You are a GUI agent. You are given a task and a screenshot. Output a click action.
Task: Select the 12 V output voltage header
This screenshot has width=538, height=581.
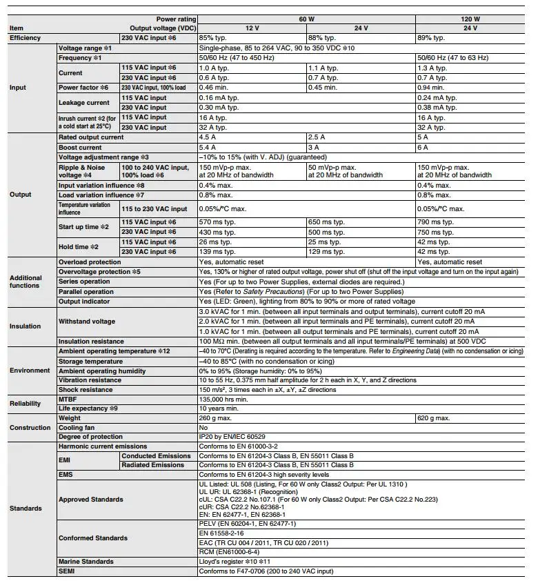click(x=252, y=28)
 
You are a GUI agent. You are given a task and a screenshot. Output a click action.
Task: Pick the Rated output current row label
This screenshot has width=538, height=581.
click(x=91, y=137)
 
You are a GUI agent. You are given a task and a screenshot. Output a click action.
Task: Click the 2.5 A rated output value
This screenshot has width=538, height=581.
click(x=317, y=137)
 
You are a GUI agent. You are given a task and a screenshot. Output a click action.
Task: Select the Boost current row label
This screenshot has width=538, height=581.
click(x=80, y=148)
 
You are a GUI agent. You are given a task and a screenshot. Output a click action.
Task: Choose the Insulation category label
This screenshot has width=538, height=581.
click(x=26, y=326)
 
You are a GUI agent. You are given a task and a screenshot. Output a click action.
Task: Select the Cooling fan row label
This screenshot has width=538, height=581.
click(x=77, y=428)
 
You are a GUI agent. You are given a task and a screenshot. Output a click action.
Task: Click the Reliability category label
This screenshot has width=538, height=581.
click(x=26, y=403)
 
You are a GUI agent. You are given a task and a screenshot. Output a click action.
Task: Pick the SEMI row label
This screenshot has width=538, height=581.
click(x=68, y=571)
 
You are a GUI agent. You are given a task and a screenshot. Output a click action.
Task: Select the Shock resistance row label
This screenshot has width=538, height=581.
click(x=86, y=390)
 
